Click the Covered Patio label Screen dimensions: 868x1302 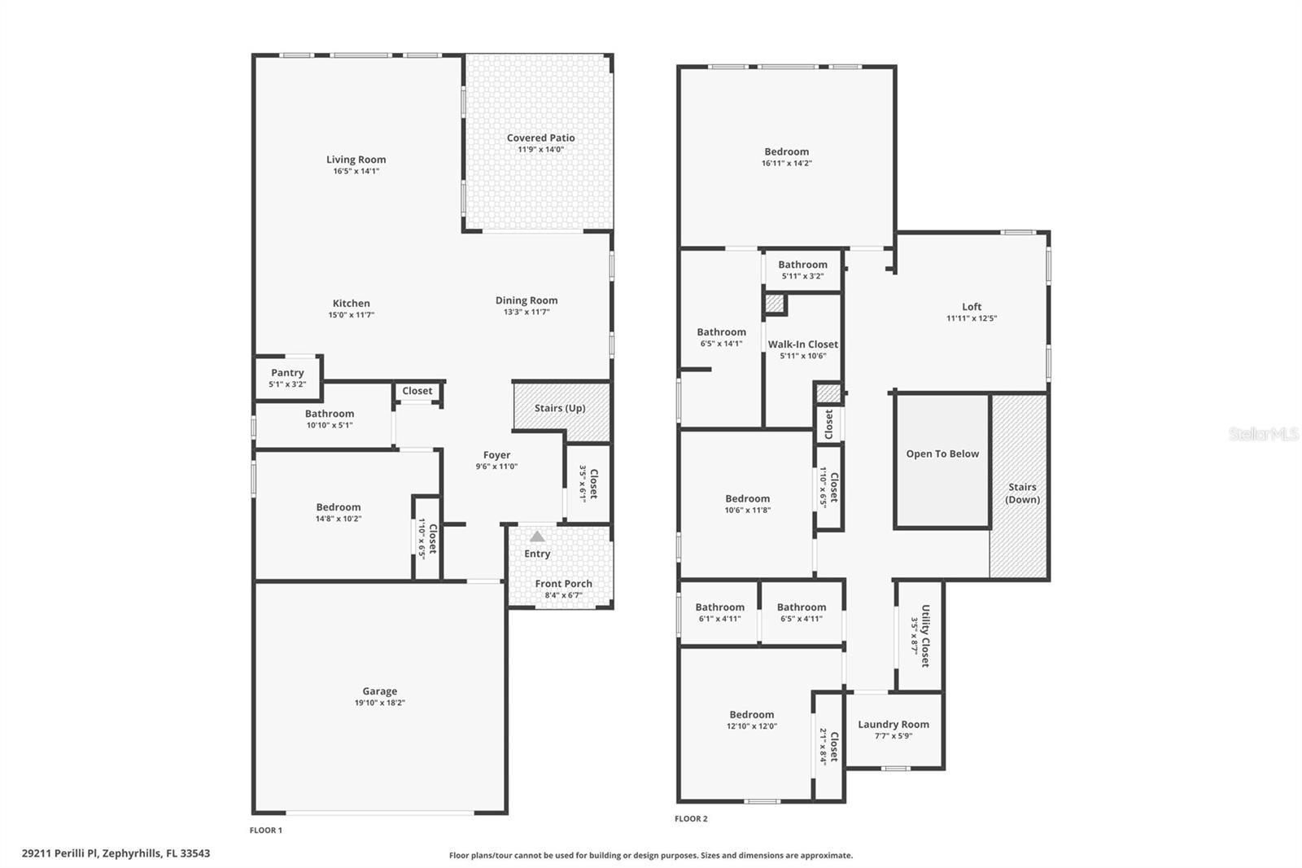click(x=540, y=138)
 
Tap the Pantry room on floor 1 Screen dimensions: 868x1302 click(x=287, y=378)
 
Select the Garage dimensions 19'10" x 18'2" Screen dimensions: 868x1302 click(x=379, y=703)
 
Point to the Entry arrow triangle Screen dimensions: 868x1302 click(x=537, y=537)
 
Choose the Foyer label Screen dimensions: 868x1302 click(x=496, y=455)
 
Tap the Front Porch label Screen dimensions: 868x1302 click(x=563, y=584)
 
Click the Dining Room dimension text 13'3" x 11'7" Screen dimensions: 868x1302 click(x=526, y=312)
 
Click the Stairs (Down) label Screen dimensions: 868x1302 click(x=1022, y=493)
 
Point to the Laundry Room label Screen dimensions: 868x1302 click(x=893, y=725)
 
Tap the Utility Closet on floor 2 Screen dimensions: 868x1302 click(x=920, y=636)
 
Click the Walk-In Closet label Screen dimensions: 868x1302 click(x=802, y=344)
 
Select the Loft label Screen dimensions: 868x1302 click(x=971, y=307)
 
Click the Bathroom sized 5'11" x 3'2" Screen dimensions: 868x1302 click(x=802, y=270)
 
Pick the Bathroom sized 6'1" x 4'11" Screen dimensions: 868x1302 click(x=719, y=612)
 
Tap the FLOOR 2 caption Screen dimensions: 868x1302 click(x=691, y=819)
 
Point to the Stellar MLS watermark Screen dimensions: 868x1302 click(x=1263, y=434)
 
